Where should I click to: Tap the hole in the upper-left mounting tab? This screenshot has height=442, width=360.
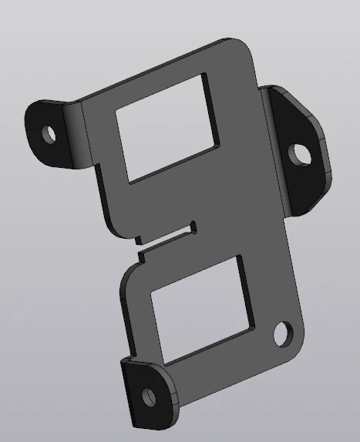(x=50, y=134)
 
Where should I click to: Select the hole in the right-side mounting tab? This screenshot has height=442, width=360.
(x=301, y=153)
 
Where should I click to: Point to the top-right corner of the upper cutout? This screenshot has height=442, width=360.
(x=207, y=75)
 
